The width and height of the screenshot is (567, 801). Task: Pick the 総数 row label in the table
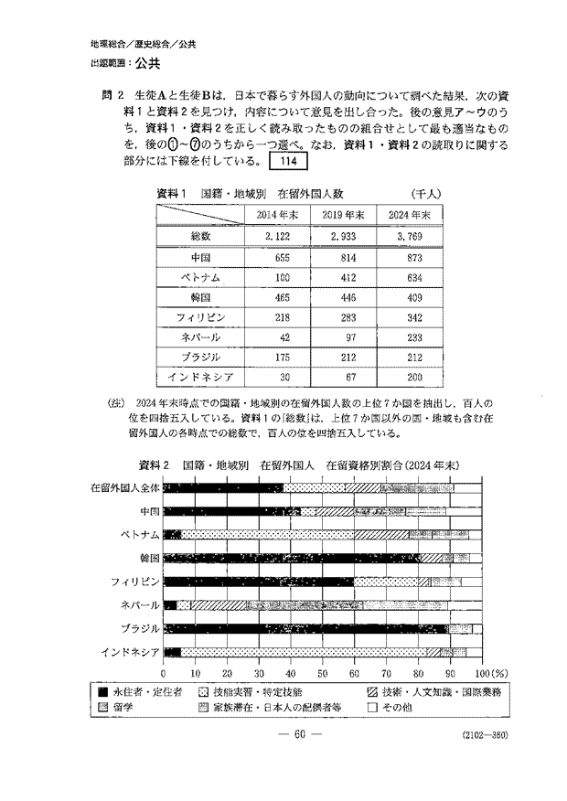pyautogui.click(x=200, y=237)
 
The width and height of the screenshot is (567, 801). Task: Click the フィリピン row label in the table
pyautogui.click(x=200, y=316)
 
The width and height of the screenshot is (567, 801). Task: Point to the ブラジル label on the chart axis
pyautogui.click(x=141, y=628)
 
